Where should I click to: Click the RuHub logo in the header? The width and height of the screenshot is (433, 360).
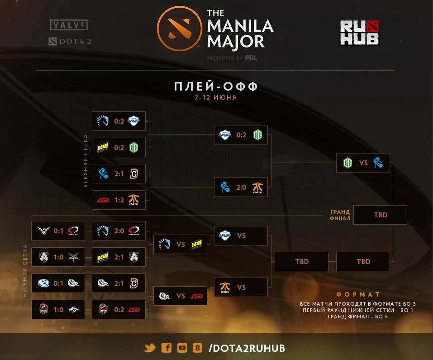(359, 33)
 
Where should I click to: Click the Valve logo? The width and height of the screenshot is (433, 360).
(69, 25)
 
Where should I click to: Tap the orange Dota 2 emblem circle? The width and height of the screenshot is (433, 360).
(179, 29)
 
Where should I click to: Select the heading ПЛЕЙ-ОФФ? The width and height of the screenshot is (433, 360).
(216, 86)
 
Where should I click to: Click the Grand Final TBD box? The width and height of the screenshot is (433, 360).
(380, 215)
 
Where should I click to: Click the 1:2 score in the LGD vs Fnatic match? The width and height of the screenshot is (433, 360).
(119, 200)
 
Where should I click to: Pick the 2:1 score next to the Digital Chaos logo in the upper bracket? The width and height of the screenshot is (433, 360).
(119, 173)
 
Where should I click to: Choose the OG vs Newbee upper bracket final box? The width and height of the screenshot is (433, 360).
(363, 163)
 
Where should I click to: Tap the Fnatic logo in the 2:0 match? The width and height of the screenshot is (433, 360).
(258, 187)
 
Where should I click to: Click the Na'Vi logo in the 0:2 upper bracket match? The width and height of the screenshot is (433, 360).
(103, 147)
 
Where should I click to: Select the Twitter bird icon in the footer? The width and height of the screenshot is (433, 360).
(150, 348)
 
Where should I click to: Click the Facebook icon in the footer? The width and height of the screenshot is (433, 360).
(167, 348)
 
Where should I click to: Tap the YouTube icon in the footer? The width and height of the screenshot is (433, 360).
(182, 348)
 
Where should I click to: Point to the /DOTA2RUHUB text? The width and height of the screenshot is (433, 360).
(247, 348)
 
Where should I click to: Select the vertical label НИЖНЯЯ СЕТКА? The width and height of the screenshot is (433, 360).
(25, 270)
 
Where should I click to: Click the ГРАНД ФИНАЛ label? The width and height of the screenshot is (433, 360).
(340, 215)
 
